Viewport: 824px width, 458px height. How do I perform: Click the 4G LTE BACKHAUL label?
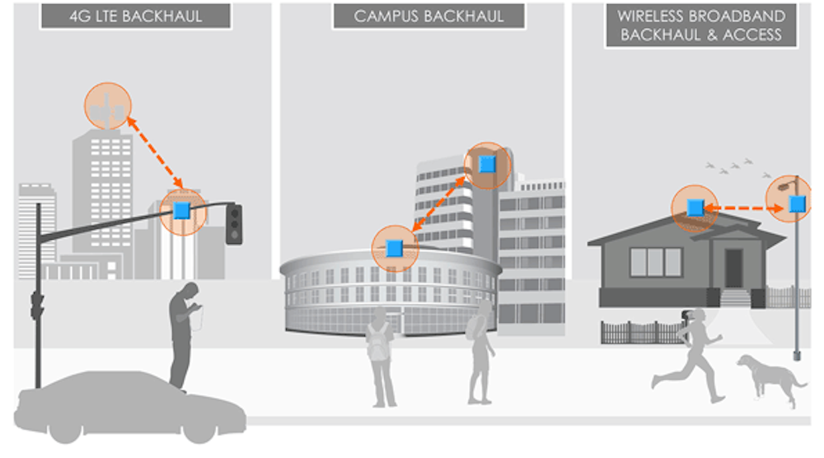pyautogui.click(x=136, y=14)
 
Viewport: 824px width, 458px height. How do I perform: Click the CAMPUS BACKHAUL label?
pyautogui.click(x=428, y=15)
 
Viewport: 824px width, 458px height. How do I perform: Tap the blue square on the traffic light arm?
pyautogui.click(x=182, y=212)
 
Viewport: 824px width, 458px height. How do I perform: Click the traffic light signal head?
pyautogui.click(x=235, y=223)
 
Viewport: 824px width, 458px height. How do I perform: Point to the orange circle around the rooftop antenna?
pyautogui.click(x=108, y=105)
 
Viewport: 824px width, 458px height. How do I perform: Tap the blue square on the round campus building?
pyautogui.click(x=395, y=247)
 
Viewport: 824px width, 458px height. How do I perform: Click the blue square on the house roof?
pyautogui.click(x=695, y=207)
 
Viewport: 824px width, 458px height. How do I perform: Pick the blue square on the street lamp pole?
pyautogui.click(x=795, y=203)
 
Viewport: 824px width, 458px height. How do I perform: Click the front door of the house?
pyautogui.click(x=733, y=268)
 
